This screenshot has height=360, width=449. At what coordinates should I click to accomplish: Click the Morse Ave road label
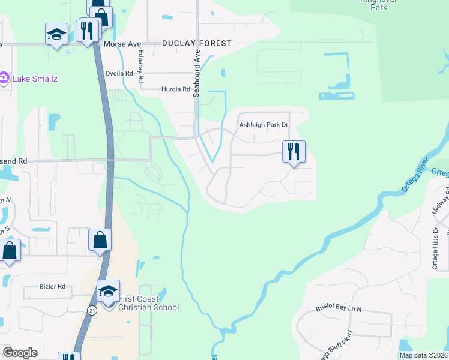click(122, 44)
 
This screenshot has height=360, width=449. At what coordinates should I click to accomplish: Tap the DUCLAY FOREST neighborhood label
click(196, 44)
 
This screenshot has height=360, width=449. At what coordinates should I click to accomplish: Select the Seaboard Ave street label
click(196, 72)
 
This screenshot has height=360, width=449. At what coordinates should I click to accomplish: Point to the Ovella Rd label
click(119, 73)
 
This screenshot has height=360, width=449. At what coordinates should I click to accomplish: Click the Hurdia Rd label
click(175, 89)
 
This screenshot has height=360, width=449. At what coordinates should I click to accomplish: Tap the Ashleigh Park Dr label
click(264, 125)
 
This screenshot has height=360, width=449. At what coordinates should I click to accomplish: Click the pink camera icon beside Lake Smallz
click(4, 77)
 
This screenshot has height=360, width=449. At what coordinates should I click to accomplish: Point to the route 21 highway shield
click(91, 310)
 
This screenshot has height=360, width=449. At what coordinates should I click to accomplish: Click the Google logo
click(20, 353)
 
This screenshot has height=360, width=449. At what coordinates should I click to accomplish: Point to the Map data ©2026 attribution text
click(423, 355)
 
